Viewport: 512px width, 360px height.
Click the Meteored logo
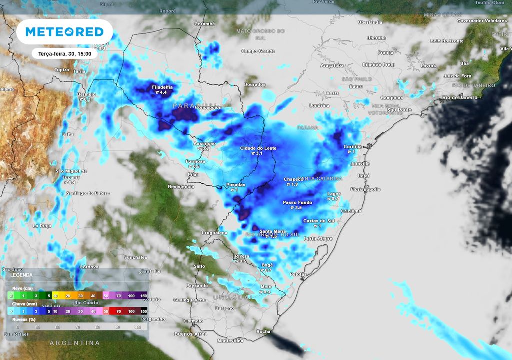pos(64,32)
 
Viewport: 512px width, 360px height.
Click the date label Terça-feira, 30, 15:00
pos(64,53)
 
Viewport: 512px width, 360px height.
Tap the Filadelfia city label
pos(162,87)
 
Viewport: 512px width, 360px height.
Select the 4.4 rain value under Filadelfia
pos(163,93)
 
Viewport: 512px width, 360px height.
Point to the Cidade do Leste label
pos(258,148)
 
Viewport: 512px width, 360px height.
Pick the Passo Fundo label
pos(297,202)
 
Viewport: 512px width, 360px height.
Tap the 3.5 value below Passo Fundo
pos(297,208)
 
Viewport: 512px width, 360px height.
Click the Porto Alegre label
pos(318,239)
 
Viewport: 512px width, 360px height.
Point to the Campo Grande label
pos(258,51)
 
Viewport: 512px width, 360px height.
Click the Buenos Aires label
pos(190,334)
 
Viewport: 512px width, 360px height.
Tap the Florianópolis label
pos(365,189)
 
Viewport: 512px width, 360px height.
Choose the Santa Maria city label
pos(273,231)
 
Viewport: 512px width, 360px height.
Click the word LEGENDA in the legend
pos(22,275)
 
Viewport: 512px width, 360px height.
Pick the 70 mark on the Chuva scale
pos(118,311)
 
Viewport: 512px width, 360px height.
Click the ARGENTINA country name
pos(75,343)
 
